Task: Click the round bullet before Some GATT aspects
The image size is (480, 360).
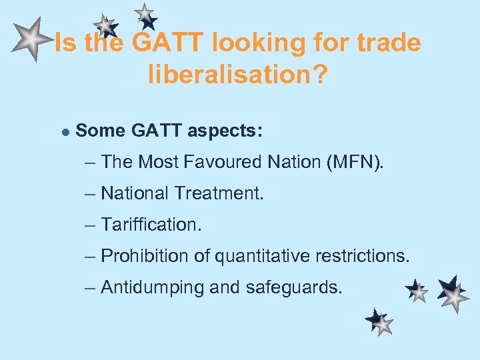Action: click(65, 131)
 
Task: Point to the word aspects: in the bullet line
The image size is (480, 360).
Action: click(225, 131)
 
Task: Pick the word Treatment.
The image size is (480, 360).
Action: click(219, 193)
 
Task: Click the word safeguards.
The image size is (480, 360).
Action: click(294, 287)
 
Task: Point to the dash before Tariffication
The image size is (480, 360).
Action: click(91, 225)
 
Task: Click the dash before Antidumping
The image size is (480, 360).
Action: click(91, 287)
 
